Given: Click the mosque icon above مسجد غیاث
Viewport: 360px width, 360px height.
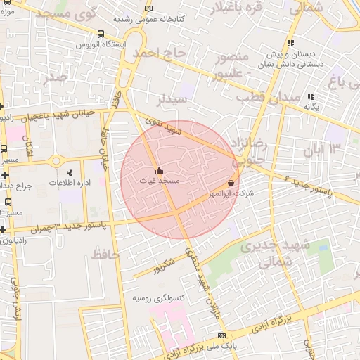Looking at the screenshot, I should [159, 170].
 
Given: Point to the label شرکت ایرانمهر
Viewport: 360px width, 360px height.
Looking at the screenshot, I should [231, 193].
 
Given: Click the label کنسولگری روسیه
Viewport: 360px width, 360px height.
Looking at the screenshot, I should [159, 298].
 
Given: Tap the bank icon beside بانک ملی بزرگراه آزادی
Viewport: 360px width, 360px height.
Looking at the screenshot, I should [222, 335].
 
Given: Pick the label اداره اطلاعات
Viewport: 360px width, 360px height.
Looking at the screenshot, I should [67, 183].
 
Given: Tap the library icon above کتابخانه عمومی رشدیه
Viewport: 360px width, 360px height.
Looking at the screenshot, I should [148, 8].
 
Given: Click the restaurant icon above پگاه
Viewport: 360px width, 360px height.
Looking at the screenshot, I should [311, 96].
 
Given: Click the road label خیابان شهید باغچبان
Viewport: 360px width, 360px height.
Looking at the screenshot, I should [58, 116].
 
